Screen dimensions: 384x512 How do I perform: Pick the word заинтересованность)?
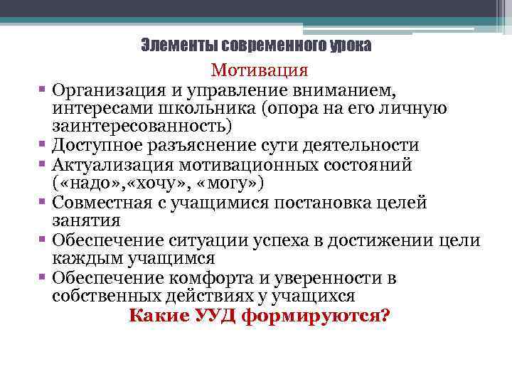pos(142,127)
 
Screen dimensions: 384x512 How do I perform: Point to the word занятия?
pos(80,221)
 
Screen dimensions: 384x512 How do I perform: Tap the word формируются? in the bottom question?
pos(316,315)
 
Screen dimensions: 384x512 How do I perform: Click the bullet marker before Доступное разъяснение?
pos(44,144)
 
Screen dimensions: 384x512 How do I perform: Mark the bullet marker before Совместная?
pos(44,202)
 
